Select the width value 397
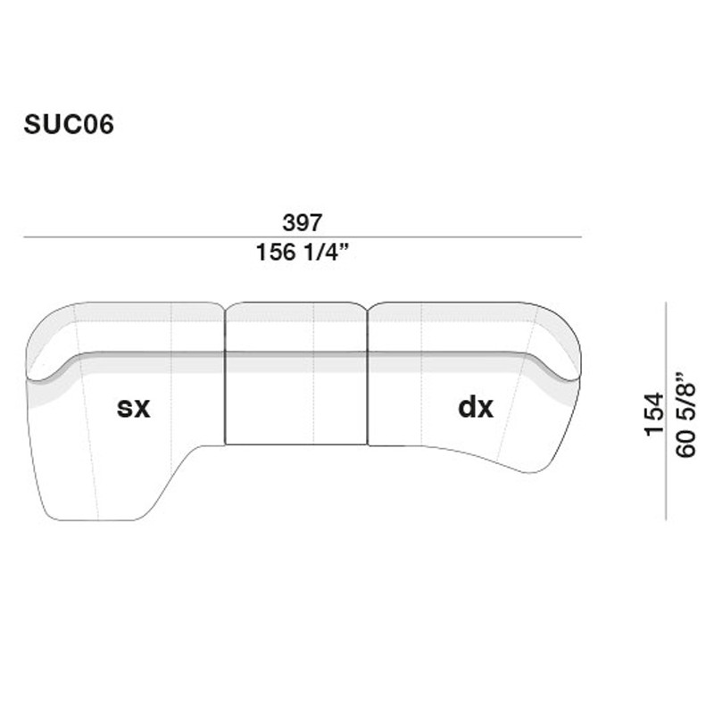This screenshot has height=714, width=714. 302,222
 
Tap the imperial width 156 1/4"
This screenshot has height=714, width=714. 302,253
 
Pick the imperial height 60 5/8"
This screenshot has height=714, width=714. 686,414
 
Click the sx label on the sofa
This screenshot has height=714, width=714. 134,408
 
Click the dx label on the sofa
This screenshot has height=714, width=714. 475,408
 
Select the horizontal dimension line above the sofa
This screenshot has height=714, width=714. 302,237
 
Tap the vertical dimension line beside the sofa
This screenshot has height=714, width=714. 668,411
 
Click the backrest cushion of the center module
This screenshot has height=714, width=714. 295,326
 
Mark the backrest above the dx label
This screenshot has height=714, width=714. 464,326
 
